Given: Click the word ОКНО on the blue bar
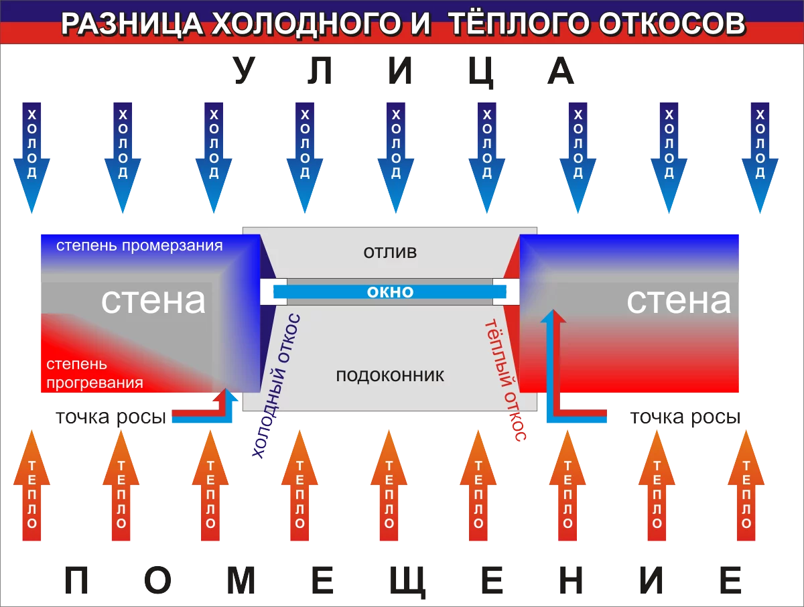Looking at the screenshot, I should tap(390, 292).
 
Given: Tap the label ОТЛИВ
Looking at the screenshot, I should tap(390, 253).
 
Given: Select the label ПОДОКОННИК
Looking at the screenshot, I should tap(390, 375).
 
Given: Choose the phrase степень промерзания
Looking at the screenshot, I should tap(139, 245).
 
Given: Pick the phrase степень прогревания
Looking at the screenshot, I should tap(94, 373).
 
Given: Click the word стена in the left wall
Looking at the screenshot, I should tap(153, 301).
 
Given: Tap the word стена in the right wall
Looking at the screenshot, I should tap(678, 301).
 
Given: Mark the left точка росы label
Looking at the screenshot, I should tap(111, 417).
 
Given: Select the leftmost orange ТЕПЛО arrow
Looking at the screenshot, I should tap(31, 486).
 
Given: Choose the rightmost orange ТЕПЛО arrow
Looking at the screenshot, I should tap(746, 486).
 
